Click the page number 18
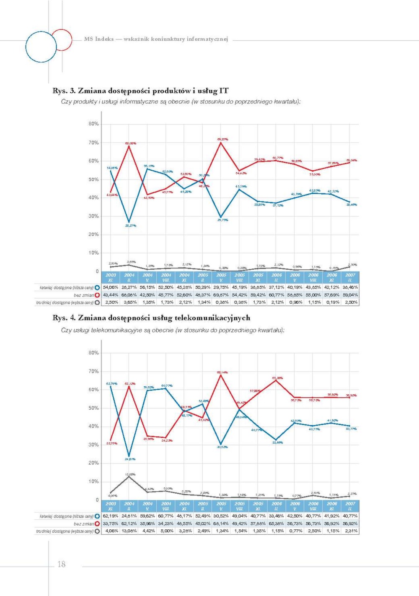[61, 564]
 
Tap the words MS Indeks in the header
[99, 39]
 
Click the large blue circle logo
[41, 47]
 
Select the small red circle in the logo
[62, 39]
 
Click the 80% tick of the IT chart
[93, 124]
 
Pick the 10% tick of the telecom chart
[93, 481]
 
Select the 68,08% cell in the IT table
[129, 295]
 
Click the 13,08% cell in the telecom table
[129, 531]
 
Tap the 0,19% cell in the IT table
[332, 302]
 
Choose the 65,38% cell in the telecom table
[277, 523]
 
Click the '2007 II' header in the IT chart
[350, 277]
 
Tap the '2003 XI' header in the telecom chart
[111, 506]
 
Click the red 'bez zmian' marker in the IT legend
[97, 295]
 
